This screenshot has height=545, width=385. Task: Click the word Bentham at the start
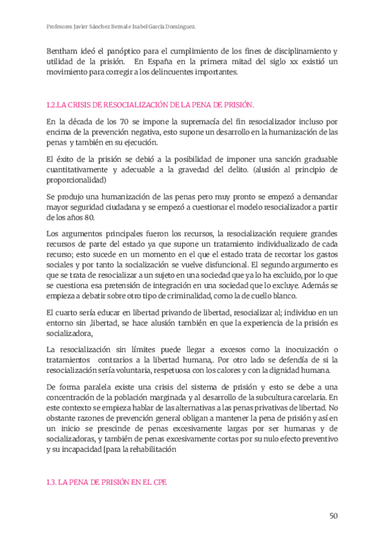pos(63,51)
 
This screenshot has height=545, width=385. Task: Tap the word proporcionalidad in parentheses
pos(79,181)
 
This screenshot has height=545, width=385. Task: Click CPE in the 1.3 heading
pos(157,483)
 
